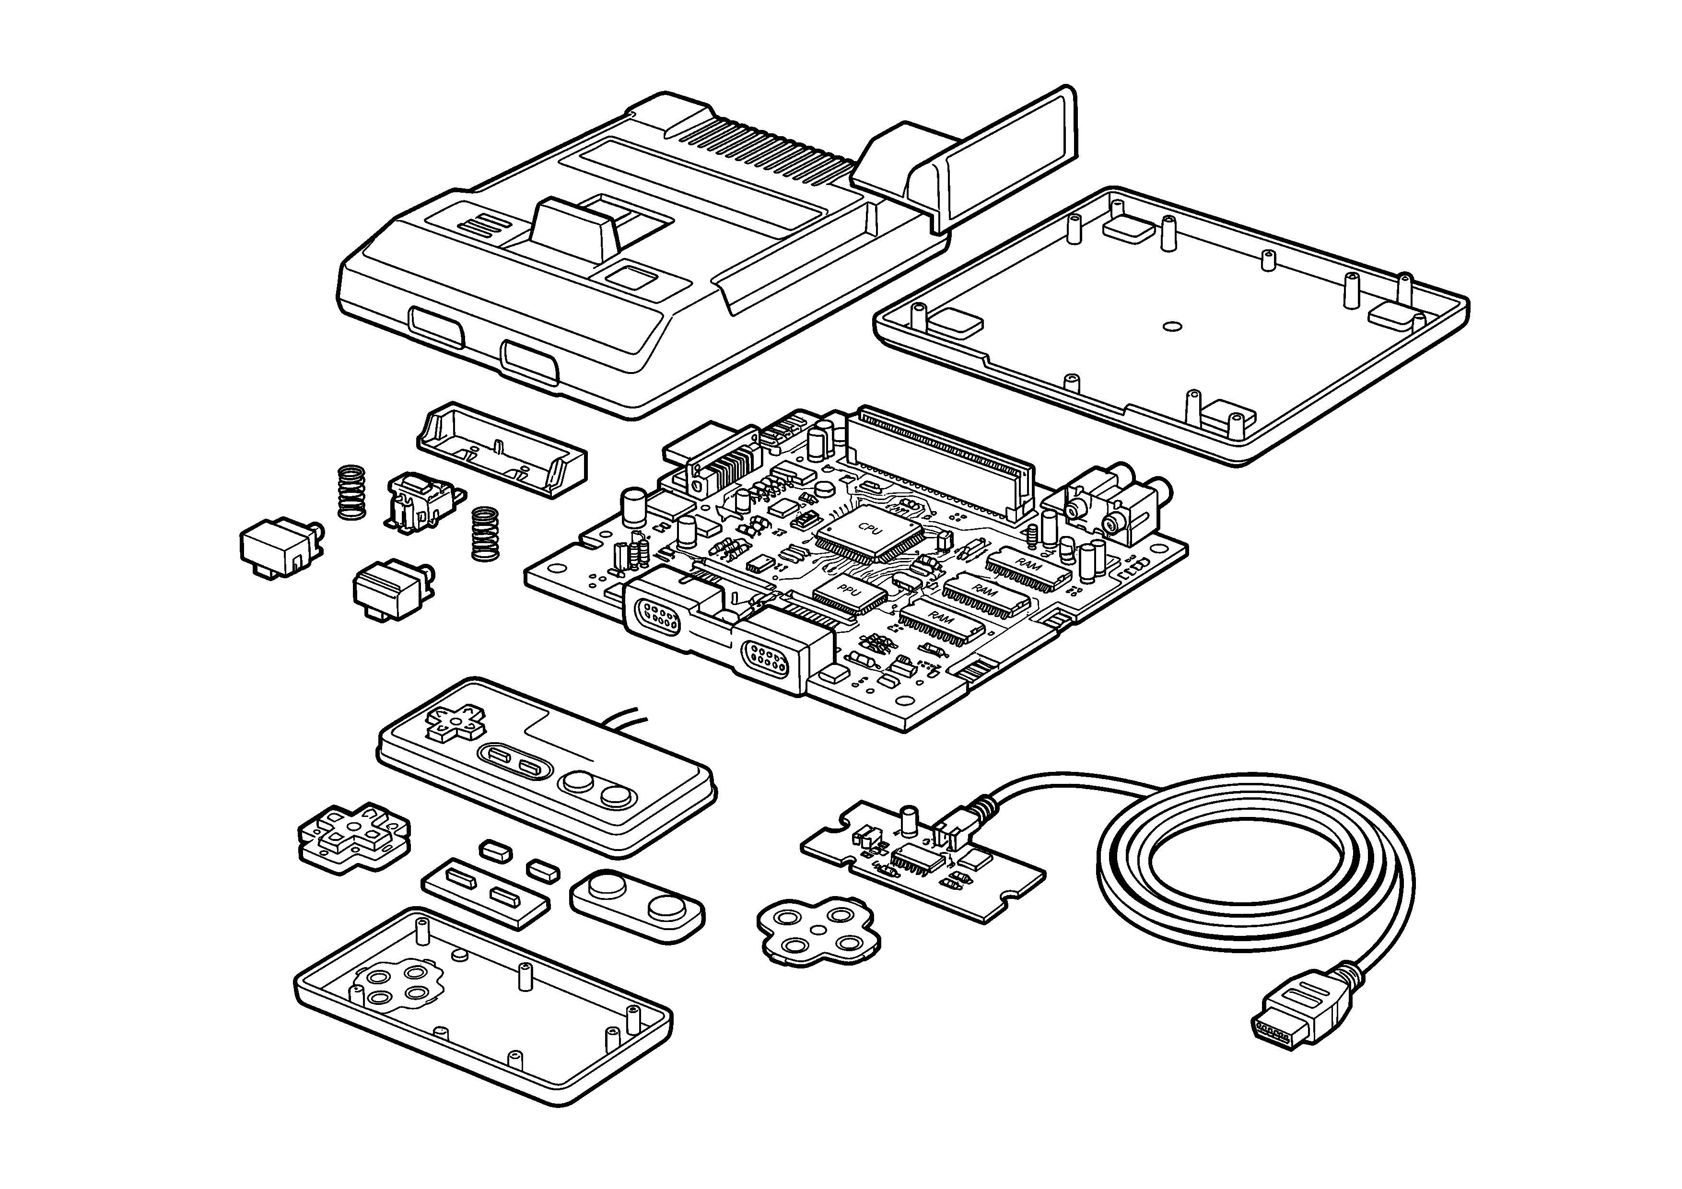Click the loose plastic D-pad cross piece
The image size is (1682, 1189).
click(x=354, y=836)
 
